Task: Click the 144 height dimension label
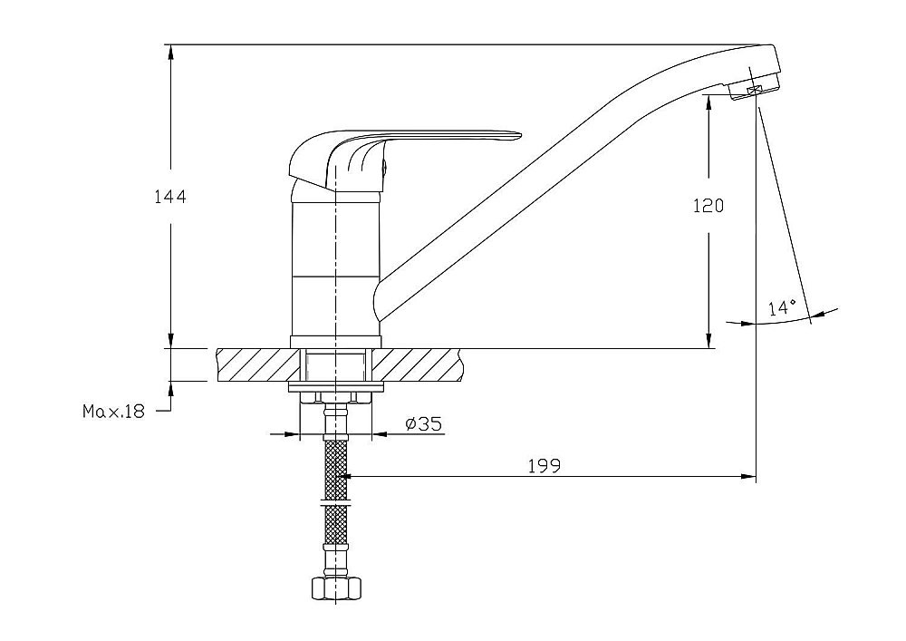tap(170, 197)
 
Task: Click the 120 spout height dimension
tap(708, 206)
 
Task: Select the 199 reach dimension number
tap(545, 466)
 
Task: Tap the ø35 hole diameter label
tap(424, 424)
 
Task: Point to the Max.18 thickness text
tap(114, 412)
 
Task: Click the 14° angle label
tap(783, 307)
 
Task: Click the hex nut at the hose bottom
tap(335, 588)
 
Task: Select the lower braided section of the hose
tap(336, 525)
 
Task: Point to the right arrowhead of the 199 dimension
tap(748, 477)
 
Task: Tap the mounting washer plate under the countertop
tap(336, 386)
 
